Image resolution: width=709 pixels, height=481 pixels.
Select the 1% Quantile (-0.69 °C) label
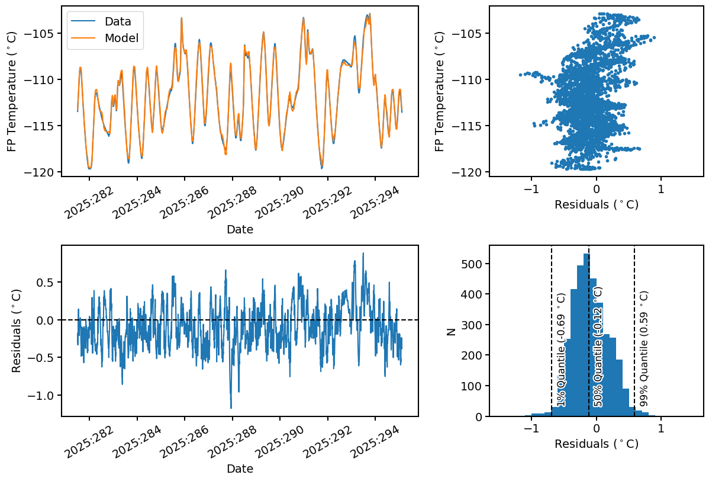point(561,349)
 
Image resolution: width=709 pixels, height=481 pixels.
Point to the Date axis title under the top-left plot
point(240,229)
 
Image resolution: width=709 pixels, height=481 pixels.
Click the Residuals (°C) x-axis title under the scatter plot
point(596,205)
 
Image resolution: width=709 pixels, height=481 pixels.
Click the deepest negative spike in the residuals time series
point(231,408)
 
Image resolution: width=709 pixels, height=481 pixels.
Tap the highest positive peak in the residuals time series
point(363,254)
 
